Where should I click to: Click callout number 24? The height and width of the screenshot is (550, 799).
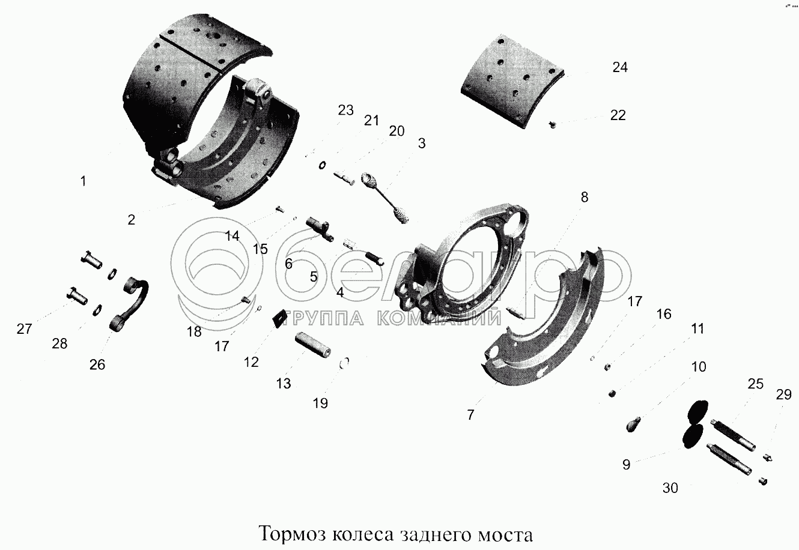tap(620, 67)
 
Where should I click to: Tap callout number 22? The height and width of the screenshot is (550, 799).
tap(618, 115)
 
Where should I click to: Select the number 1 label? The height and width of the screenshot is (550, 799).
tap(83, 181)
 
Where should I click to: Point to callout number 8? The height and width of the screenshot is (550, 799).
tap(585, 197)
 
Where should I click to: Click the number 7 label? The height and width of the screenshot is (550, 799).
tap(470, 414)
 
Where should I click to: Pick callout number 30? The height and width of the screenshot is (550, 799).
tap(670, 488)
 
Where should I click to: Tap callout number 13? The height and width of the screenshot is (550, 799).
tap(283, 384)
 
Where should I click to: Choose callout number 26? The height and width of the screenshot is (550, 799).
tap(97, 364)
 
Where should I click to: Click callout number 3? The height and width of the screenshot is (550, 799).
tap(422, 144)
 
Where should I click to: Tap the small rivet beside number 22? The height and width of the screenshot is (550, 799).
tap(553, 125)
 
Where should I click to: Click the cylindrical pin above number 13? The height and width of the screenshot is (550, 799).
tap(313, 344)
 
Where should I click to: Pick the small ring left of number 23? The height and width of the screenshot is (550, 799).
tap(322, 165)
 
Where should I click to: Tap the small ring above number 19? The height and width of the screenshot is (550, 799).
tap(344, 363)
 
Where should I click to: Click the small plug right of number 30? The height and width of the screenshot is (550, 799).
tap(763, 481)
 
